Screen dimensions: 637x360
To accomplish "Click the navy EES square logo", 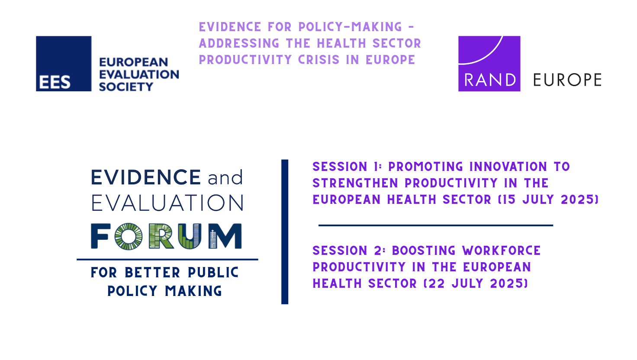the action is pos(64,64).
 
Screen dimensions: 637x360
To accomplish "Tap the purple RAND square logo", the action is pos(489,64).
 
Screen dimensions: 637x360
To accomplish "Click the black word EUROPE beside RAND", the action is pos(567,80).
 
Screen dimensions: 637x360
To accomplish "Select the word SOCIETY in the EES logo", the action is pos(126,87).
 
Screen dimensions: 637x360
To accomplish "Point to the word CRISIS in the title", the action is pos(319,60).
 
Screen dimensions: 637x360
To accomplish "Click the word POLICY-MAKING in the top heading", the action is pos(351,27).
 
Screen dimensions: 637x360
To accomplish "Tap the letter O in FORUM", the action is pos(129,236).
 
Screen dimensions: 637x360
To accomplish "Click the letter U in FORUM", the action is pos(190,236).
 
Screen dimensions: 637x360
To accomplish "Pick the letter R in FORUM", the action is pos(161,236).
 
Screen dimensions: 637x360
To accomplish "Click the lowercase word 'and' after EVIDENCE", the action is pos(225,177).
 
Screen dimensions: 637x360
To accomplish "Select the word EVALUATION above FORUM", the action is pos(167,203).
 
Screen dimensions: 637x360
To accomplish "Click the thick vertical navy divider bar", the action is pos(285,232).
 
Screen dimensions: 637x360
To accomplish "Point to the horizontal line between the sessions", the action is pos(436,225).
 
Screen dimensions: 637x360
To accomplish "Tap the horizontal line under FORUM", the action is pos(167,259).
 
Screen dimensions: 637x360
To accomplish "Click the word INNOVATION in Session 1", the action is pos(508,167).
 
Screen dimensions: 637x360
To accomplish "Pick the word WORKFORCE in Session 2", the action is pos(502,251).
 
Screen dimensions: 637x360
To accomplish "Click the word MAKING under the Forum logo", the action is pos(194,291).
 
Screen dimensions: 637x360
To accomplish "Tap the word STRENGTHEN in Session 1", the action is pos(355,183).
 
